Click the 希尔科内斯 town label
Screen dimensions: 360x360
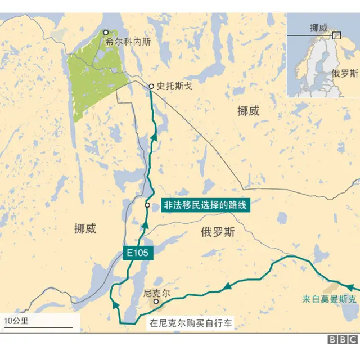pos(128,41)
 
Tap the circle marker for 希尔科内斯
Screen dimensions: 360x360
pos(105,33)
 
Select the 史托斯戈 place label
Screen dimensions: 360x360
pos(175,87)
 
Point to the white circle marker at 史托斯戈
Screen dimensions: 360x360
pos(151,86)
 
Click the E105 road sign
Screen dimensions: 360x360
pos(137,254)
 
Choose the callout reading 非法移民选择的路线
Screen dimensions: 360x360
pos(205,205)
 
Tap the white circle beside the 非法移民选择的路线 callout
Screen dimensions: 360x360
pos(147,205)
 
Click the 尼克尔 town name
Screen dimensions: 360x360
pos(156,294)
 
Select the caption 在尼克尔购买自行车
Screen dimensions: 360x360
pos(190,323)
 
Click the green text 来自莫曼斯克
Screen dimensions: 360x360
pos(329,299)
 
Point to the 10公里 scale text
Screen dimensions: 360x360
pos(16,321)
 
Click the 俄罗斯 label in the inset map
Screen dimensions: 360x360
pos(345,73)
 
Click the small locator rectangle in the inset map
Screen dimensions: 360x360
pos(337,35)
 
